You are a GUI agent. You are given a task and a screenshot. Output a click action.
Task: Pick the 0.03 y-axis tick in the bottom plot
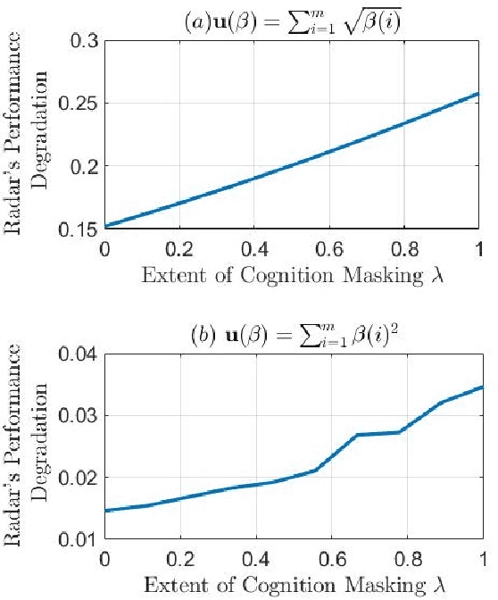(x=75, y=416)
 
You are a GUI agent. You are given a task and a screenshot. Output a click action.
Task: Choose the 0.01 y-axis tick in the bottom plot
(x=75, y=539)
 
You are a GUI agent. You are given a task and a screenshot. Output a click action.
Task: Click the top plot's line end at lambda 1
(x=481, y=93)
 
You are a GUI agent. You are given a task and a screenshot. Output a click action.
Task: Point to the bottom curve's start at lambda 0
(x=105, y=511)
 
